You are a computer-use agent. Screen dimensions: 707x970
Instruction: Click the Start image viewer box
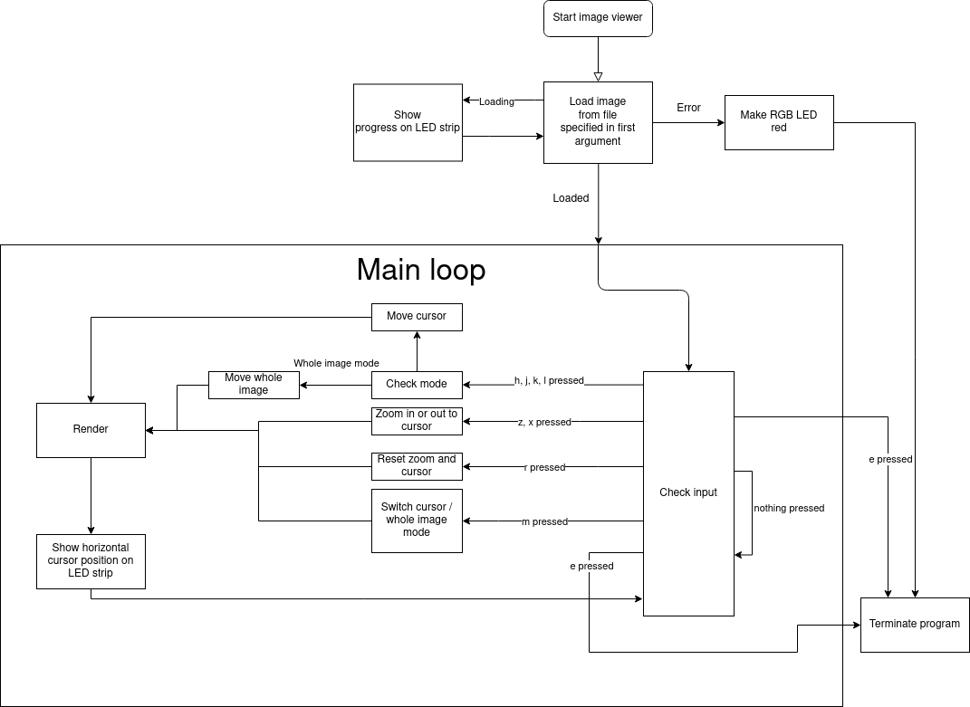click(598, 18)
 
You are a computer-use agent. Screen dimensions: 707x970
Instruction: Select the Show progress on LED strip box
click(408, 122)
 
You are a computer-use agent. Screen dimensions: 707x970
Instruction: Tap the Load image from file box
click(598, 122)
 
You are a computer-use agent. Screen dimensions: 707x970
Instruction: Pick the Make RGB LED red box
click(779, 122)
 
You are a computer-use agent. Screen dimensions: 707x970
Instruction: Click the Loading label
click(496, 102)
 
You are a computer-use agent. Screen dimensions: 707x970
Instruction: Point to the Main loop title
click(421, 270)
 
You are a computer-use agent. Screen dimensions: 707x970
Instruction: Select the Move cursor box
click(417, 317)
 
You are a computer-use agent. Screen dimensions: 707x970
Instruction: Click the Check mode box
click(417, 385)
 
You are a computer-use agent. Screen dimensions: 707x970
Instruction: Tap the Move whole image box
click(254, 385)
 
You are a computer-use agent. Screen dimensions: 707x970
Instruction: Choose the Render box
click(91, 430)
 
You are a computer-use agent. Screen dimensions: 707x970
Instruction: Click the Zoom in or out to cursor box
click(417, 421)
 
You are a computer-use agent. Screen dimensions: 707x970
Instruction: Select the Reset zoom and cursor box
click(417, 466)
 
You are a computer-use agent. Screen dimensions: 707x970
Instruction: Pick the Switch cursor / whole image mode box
click(417, 521)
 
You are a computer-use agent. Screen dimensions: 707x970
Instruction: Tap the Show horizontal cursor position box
click(91, 561)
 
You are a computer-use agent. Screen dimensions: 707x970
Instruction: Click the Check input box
click(688, 493)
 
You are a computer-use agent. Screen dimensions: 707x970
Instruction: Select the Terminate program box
click(914, 625)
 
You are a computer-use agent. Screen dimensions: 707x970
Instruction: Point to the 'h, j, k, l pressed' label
click(549, 381)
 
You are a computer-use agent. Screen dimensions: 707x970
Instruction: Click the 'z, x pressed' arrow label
click(544, 423)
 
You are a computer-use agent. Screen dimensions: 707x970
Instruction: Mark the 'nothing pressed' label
click(789, 509)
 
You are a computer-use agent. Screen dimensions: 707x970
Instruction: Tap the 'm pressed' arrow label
click(544, 522)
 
